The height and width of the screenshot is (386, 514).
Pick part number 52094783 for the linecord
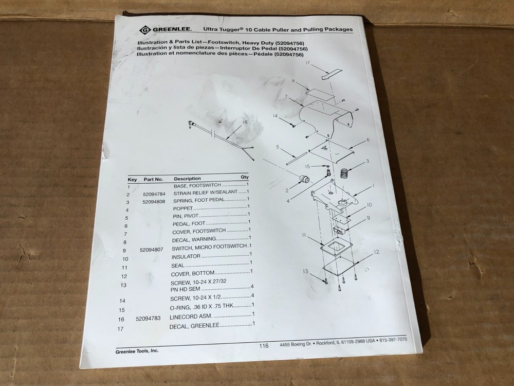click(149, 319)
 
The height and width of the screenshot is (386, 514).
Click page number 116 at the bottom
click(264, 346)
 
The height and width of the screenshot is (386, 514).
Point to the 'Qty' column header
click(244, 177)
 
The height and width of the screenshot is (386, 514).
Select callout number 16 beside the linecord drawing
click(245, 122)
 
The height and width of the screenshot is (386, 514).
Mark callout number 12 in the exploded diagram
click(377, 252)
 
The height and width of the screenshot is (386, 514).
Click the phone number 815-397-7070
click(394, 340)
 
